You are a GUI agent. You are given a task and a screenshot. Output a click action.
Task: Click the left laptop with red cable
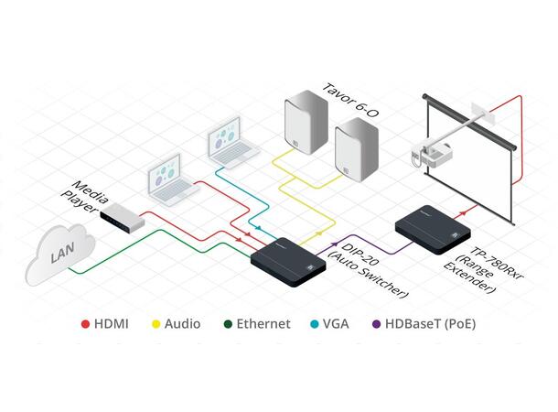tap(172, 180)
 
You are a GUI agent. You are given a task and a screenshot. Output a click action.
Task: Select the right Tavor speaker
tap(355, 151)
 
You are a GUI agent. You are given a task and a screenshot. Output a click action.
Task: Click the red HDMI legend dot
tap(85, 324)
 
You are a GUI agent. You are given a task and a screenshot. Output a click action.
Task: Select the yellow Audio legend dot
tap(156, 324)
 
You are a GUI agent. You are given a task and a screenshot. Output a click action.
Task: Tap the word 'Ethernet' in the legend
tap(263, 324)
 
